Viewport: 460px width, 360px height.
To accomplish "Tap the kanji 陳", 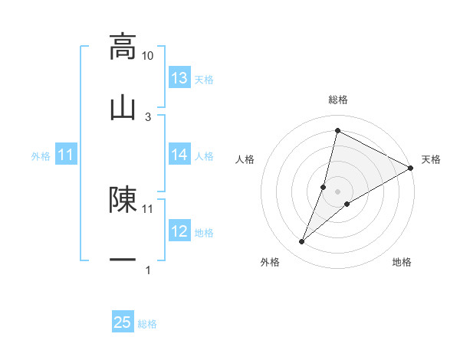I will pos(123,199).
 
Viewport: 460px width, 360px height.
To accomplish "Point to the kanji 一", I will pos(123,260).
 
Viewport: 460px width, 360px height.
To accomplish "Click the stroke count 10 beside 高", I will pos(148,56).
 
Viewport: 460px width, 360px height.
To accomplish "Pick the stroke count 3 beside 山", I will pos(148,116).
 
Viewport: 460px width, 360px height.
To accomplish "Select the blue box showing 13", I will pos(179,78).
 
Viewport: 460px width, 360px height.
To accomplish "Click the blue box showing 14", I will pos(179,155).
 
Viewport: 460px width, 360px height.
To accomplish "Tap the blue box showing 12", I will pos(179,231).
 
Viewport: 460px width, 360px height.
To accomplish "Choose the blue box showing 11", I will pos(66,155).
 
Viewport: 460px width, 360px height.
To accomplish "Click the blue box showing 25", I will pos(123,322).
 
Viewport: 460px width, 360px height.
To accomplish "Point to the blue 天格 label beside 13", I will pos(204,80).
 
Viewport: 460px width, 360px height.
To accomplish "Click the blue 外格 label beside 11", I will pos(41,156).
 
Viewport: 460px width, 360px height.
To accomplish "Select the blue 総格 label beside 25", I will pos(147,324).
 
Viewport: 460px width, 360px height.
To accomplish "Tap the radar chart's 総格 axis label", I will pos(338,100).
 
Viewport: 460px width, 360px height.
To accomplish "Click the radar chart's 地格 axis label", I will pos(402,263).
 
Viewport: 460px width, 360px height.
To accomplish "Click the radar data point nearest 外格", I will pos(302,242).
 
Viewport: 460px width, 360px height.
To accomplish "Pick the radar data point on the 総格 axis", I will pos(337,131).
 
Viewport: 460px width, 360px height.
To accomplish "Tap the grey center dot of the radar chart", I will pos(338,191).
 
